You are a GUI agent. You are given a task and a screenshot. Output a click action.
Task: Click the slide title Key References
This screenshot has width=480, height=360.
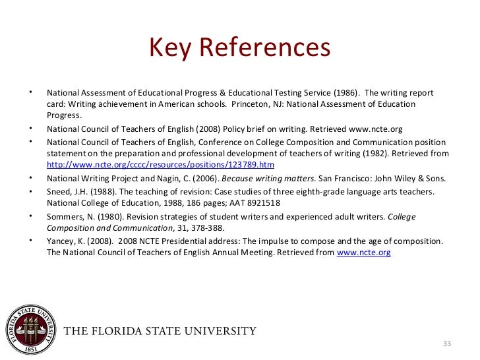point(239,47)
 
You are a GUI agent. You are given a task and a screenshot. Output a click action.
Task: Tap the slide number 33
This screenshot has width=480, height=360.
point(446,344)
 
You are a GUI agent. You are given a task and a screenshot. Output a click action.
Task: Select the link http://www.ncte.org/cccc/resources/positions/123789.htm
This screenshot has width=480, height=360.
point(160,165)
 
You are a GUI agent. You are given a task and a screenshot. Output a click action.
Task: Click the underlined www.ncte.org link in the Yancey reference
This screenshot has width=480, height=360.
point(363,252)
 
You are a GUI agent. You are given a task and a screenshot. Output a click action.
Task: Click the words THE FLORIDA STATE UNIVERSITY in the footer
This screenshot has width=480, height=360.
point(160,330)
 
